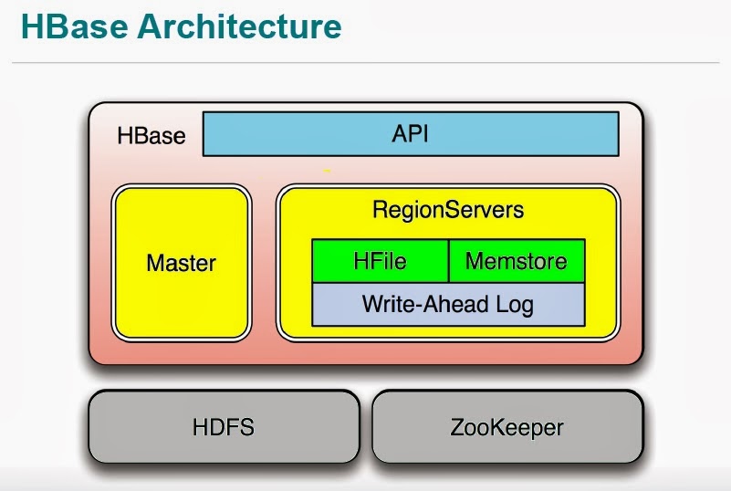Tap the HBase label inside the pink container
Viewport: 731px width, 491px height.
point(151,136)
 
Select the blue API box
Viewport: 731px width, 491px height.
point(410,134)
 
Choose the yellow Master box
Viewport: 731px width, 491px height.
point(181,263)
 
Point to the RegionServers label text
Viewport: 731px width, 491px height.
point(448,210)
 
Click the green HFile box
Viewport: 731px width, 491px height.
point(380,261)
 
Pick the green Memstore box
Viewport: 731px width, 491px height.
point(517,261)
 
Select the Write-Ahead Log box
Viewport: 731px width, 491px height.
point(448,304)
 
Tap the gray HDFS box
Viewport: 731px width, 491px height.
point(223,426)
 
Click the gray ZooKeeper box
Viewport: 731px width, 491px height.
point(507,426)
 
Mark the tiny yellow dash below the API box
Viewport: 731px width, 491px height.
point(327,170)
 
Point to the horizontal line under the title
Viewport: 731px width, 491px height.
point(365,62)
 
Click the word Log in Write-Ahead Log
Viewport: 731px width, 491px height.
point(515,304)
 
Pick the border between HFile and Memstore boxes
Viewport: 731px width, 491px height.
point(448,261)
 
